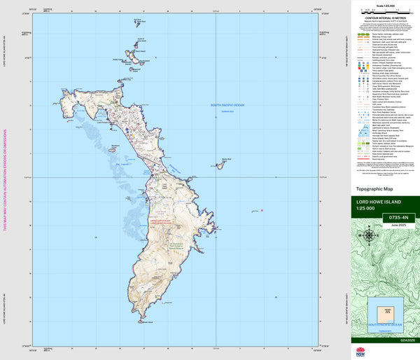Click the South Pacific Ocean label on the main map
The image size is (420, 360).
tap(230, 106)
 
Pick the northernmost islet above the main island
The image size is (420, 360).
tap(141, 22)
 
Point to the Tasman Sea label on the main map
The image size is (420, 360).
tap(225, 111)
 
